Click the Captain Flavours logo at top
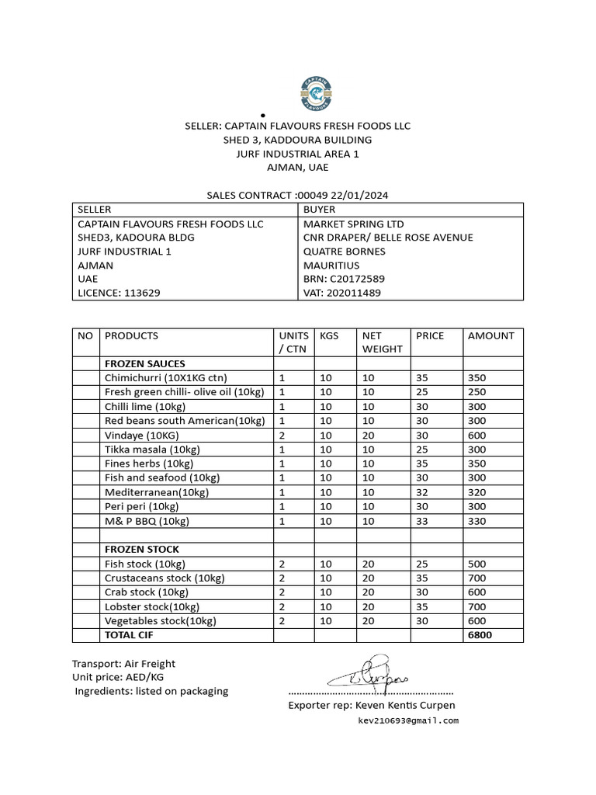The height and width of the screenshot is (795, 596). click(x=316, y=95)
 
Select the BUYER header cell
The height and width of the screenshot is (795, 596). click(x=320, y=210)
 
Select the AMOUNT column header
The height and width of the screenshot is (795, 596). click(x=490, y=336)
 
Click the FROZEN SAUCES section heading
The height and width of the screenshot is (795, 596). click(x=145, y=363)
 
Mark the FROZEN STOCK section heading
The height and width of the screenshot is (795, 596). click(x=142, y=549)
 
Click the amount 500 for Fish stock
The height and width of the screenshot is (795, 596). click(x=476, y=564)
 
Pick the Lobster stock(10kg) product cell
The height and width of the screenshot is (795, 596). click(x=152, y=606)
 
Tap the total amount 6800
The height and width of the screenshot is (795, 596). click(x=480, y=635)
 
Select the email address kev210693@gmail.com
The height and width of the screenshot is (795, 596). click(x=408, y=720)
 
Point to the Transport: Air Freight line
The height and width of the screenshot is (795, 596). click(x=124, y=664)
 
